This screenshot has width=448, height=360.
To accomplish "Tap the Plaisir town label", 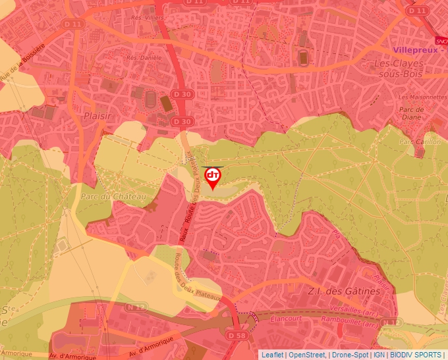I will (96, 116).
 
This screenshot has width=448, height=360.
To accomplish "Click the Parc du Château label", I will (106, 196).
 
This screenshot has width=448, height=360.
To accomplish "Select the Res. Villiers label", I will (147, 18).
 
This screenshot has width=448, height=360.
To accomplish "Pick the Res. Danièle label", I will (144, 58).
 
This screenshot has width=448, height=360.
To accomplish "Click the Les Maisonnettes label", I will (422, 97).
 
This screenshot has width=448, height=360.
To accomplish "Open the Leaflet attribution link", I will (273, 355).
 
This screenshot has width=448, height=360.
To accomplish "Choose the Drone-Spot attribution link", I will (351, 355).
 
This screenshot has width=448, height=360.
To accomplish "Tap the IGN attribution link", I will (379, 355).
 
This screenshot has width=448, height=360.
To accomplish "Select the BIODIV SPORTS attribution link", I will (416, 355).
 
